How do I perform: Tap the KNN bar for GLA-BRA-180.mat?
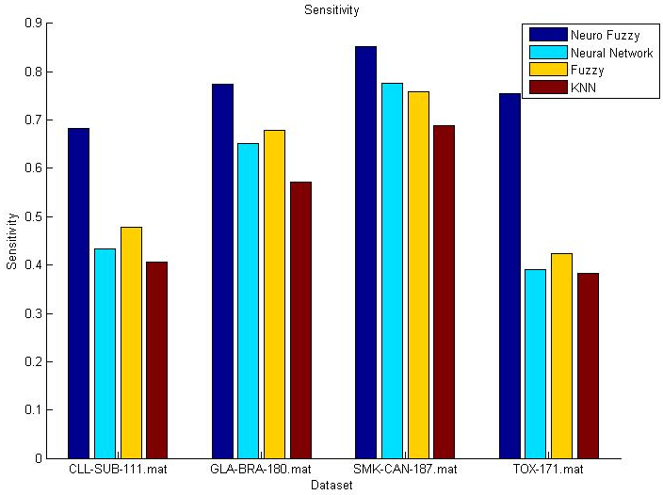pos(300,320)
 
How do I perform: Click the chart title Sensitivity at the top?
pos(331,10)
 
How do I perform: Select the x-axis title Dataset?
pos(331,486)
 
